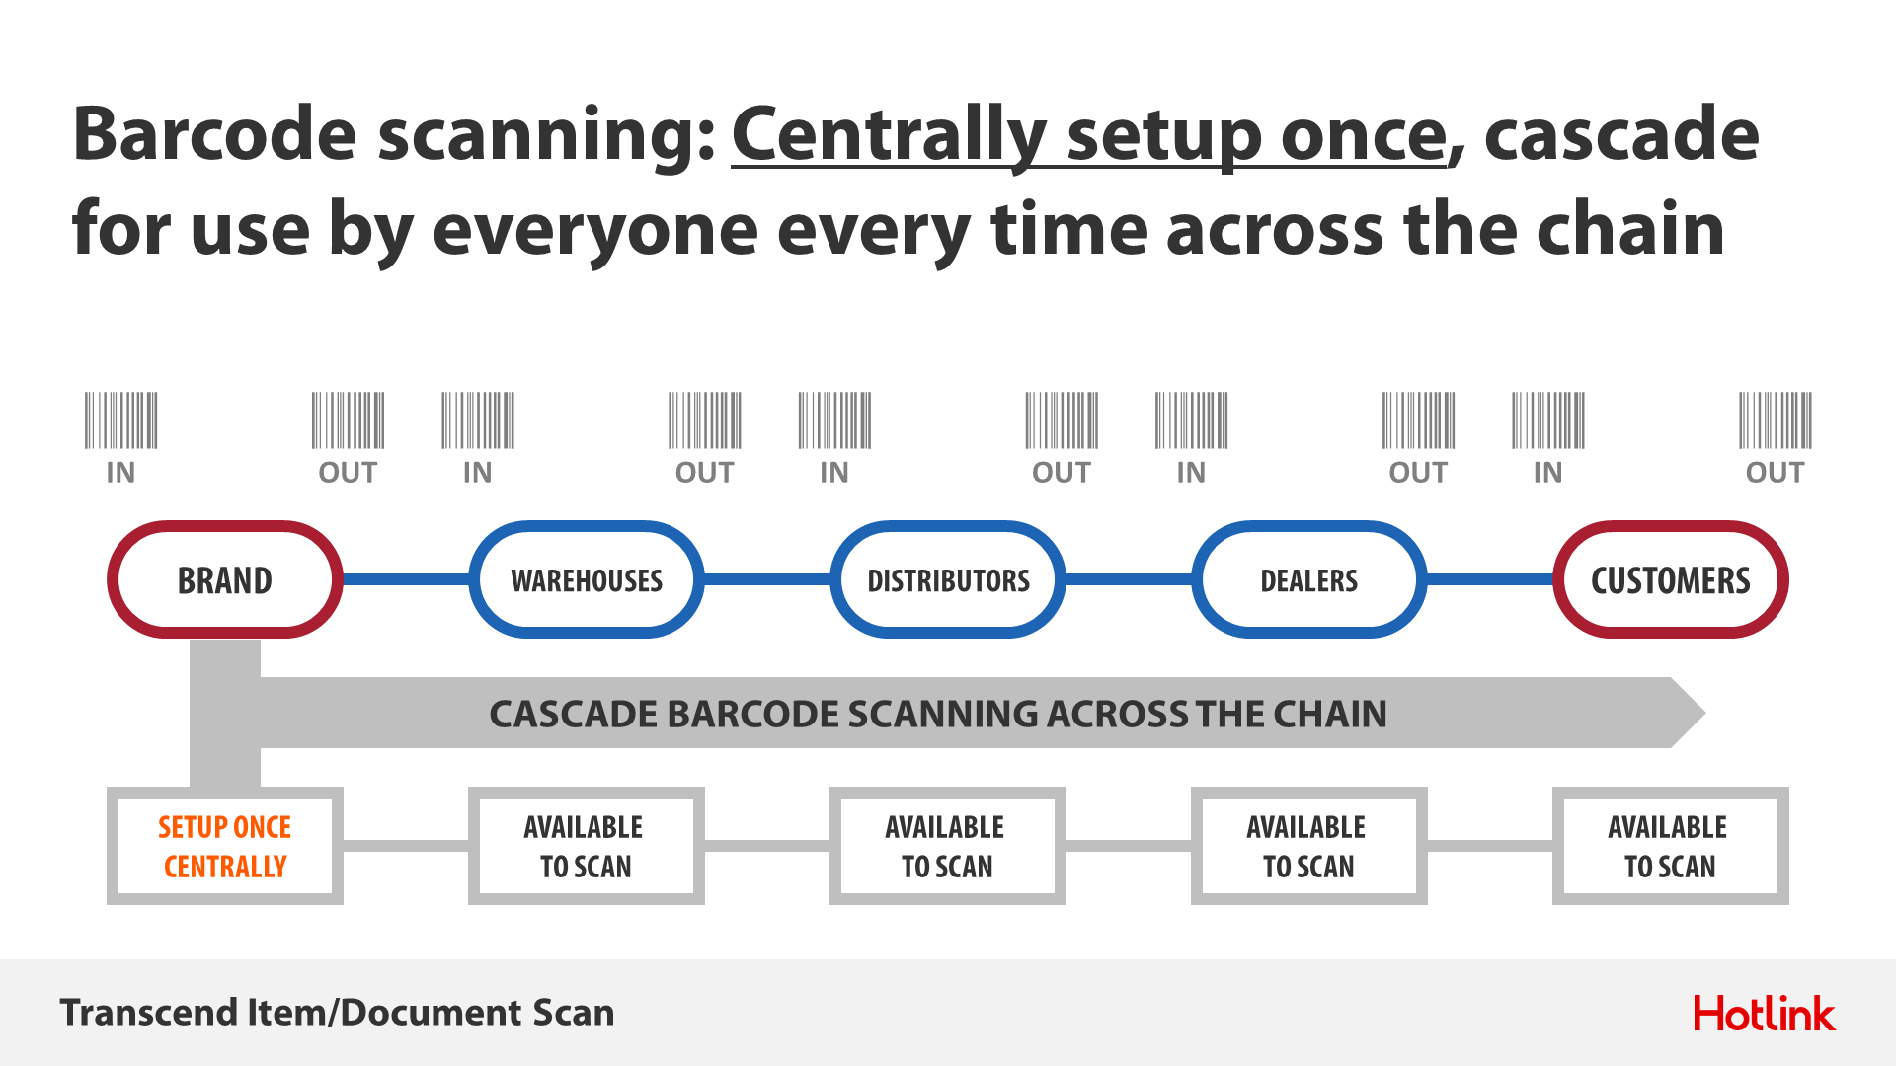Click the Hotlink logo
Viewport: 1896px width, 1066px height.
1765,1014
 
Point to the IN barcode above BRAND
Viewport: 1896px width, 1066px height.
120,420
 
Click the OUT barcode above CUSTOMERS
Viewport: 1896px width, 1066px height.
1776,420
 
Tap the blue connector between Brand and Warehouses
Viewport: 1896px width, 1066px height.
406,579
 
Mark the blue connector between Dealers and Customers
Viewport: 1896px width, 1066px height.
1490,579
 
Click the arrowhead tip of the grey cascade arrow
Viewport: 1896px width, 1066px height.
1705,713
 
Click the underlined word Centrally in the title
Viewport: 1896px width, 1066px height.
889,135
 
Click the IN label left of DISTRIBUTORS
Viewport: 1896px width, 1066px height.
834,473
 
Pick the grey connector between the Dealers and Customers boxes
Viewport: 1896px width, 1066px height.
1490,846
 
